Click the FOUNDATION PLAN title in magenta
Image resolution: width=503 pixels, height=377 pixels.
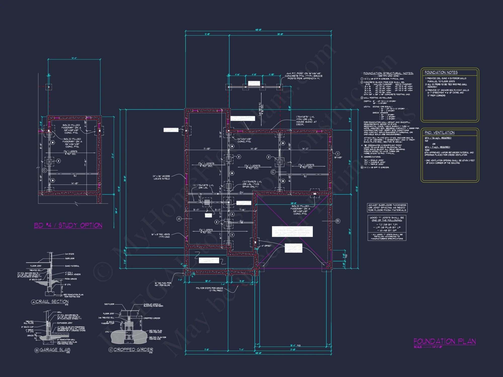pyautogui.click(x=445, y=341)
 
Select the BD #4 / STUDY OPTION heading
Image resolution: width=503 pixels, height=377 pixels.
pyautogui.click(x=68, y=225)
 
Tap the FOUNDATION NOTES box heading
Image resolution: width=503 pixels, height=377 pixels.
pyautogui.click(x=441, y=72)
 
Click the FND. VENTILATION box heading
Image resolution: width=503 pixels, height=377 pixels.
pyautogui.click(x=439, y=132)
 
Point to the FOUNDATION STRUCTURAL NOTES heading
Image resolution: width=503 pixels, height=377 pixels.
pyautogui.click(x=388, y=73)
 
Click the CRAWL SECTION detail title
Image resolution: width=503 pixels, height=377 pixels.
pyautogui.click(x=52, y=301)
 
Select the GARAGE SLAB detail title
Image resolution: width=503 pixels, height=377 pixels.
pyautogui.click(x=55, y=350)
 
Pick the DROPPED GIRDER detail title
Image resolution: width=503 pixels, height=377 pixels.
pyautogui.click(x=133, y=350)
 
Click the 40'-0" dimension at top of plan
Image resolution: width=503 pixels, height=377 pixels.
pyautogui.click(x=258, y=30)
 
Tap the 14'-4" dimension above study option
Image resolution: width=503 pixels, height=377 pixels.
pyautogui.click(x=74, y=58)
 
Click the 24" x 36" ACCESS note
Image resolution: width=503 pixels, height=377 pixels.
pyautogui.click(x=161, y=177)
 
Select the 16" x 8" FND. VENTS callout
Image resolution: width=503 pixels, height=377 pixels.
pyautogui.click(x=160, y=235)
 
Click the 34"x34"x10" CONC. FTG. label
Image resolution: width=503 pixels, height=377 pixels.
pyautogui.click(x=244, y=140)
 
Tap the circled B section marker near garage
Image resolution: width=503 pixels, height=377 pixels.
pyautogui.click(x=338, y=221)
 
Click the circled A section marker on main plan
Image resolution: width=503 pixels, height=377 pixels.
pyautogui.click(x=179, y=219)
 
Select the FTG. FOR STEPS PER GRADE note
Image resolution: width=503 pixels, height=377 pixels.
pyautogui.click(x=209, y=289)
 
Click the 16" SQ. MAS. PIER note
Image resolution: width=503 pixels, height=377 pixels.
pyautogui.click(x=163, y=284)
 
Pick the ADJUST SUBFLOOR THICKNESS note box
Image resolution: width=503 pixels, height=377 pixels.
pyautogui.click(x=387, y=208)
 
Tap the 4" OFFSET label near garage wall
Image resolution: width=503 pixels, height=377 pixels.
pyautogui.click(x=266, y=246)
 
